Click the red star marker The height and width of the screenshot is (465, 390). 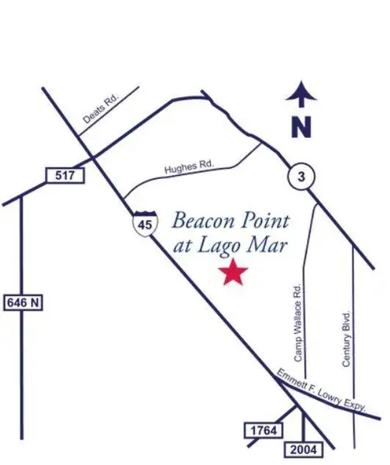click(233, 272)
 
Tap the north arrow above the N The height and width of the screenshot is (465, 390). click(302, 95)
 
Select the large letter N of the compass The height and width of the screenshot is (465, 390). click(302, 126)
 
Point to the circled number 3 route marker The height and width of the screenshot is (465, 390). click(302, 177)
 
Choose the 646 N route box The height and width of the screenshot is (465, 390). click(22, 302)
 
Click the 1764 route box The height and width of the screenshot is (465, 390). click(261, 429)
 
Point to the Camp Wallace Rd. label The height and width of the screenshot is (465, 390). click(299, 324)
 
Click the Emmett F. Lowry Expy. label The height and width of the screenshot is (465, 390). click(330, 394)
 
